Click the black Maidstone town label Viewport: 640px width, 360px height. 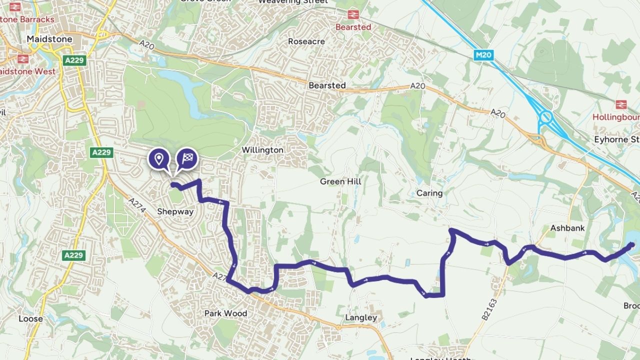[49, 39]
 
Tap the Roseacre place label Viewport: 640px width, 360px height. [306, 41]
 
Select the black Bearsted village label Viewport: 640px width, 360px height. [327, 85]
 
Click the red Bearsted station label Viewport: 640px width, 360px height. [353, 27]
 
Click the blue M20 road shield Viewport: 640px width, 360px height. [483, 55]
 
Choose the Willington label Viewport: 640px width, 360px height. [262, 150]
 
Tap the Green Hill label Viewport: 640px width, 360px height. [340, 181]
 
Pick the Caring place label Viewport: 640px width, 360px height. [429, 193]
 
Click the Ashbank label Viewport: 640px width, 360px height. [567, 228]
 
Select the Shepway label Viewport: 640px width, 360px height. [175, 211]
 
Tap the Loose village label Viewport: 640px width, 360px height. [30, 318]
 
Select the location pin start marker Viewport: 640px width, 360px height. [159, 159]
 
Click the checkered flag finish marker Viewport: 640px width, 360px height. [187, 159]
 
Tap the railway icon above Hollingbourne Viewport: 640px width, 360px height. [621, 104]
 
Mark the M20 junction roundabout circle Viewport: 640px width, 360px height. [545, 118]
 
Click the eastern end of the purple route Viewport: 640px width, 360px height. [632, 244]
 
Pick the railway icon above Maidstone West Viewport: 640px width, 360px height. [22, 58]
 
